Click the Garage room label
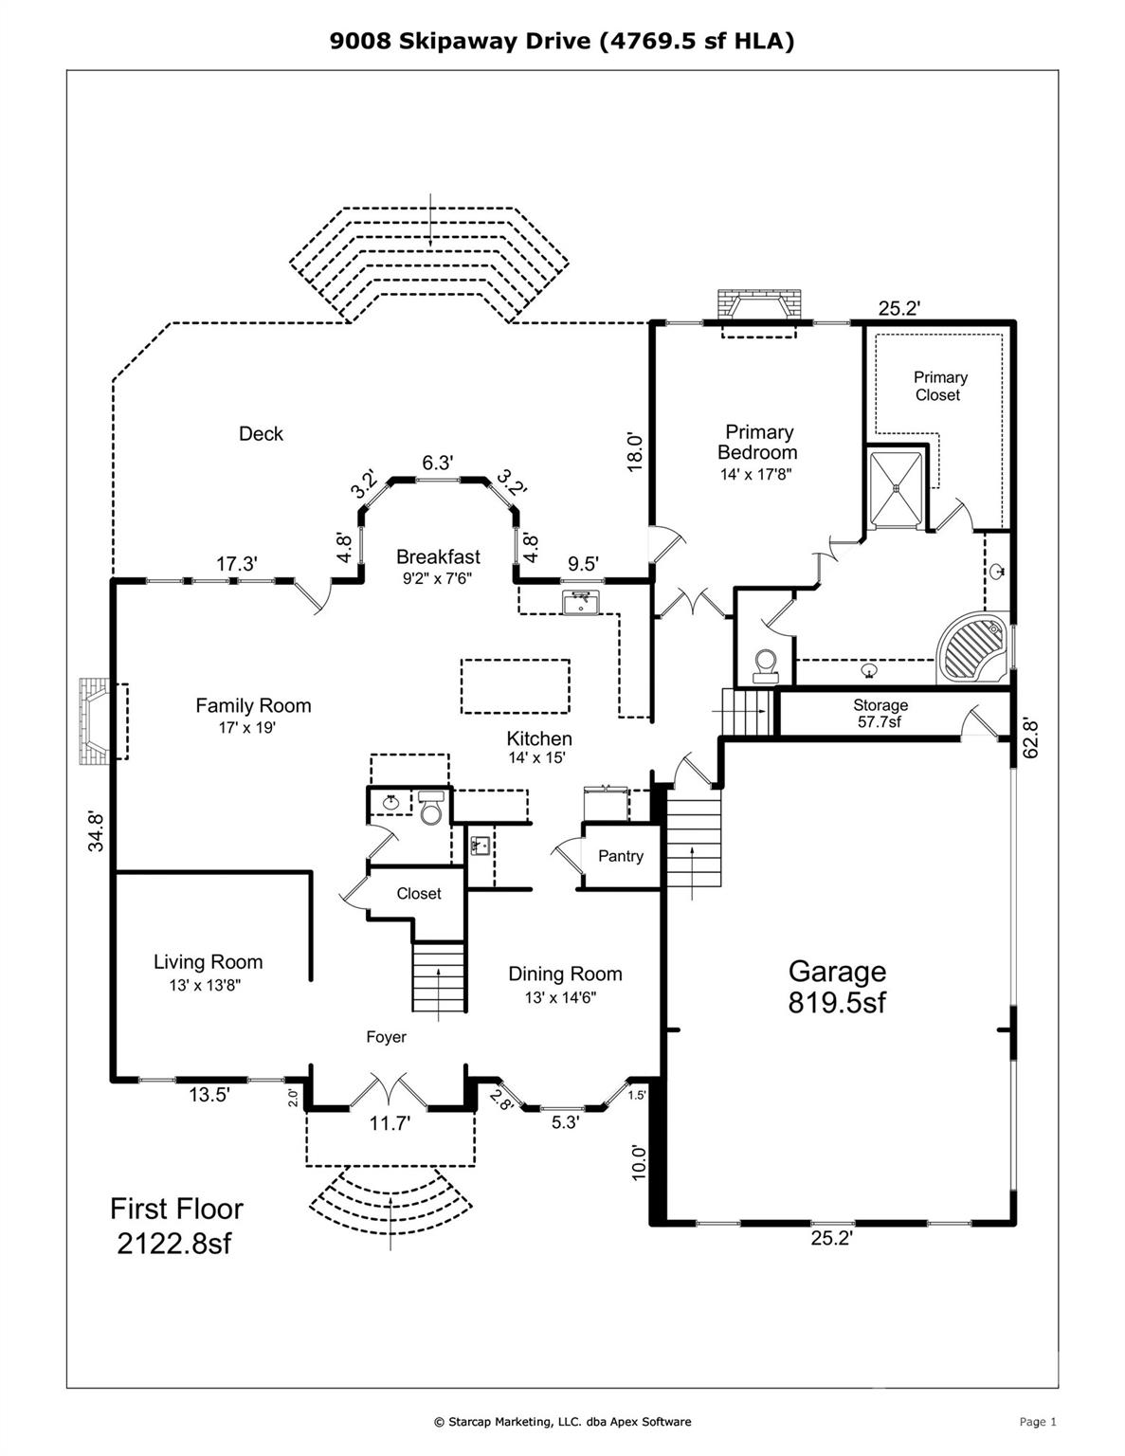coord(837,986)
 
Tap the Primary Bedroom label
coord(757,443)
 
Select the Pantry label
coord(621,856)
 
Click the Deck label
coord(261,434)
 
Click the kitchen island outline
coord(515,686)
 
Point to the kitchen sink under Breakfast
coord(577,602)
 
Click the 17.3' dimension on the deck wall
coord(236,564)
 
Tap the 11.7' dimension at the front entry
coord(390,1124)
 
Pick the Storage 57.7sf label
coord(880,714)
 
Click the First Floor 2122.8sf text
coord(176,1226)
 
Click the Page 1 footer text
coord(1037,1421)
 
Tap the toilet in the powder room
coord(431,809)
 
